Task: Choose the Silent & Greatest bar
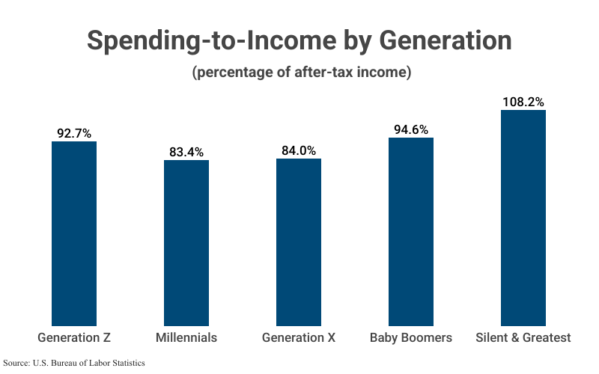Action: click(x=523, y=218)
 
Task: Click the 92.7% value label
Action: click(x=74, y=134)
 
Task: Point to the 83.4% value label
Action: click(x=186, y=152)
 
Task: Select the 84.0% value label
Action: click(x=299, y=150)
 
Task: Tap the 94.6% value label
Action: click(x=411, y=129)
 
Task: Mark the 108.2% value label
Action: click(x=523, y=102)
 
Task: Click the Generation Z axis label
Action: click(x=74, y=337)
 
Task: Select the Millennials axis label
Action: click(x=186, y=337)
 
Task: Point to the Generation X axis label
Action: click(x=299, y=337)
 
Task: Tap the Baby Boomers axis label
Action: click(x=411, y=337)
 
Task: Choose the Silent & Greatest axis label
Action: click(x=523, y=337)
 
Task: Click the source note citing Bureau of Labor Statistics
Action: click(x=74, y=363)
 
